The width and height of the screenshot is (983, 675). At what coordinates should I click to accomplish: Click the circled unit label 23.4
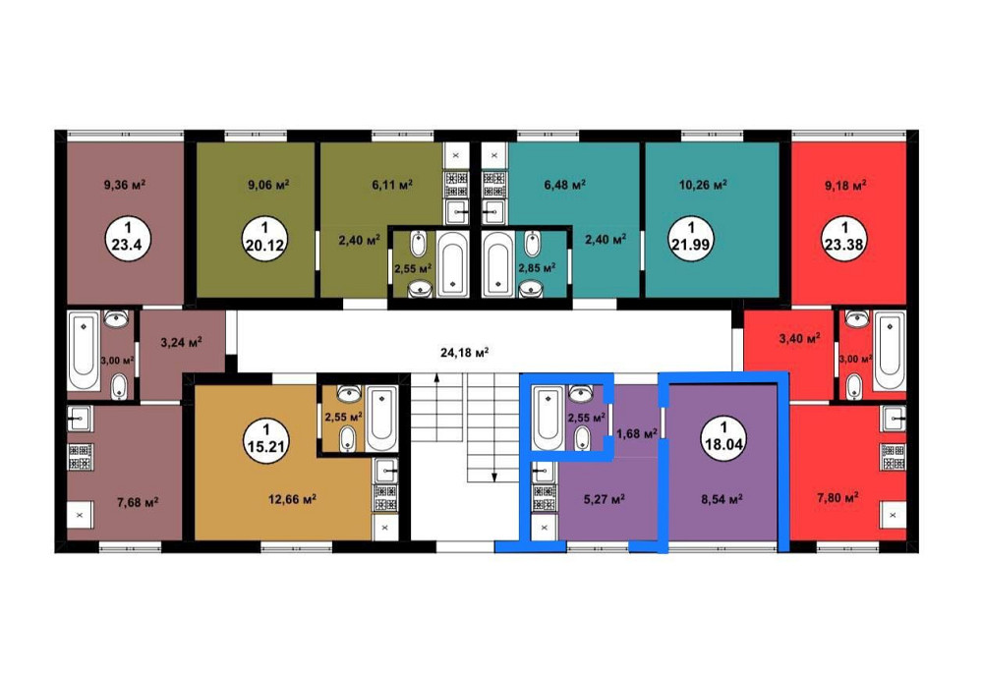point(128,238)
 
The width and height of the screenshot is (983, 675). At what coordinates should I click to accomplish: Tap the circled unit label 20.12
point(265,238)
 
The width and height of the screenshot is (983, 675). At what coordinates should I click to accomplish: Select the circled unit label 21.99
point(691,238)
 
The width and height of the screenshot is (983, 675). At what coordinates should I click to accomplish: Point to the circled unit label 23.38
point(843,238)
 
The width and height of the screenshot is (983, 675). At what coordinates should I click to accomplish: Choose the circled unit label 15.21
point(266,440)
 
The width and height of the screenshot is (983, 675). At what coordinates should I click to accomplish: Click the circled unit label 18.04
point(723,438)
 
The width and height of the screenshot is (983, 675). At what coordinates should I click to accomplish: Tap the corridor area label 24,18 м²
point(465,352)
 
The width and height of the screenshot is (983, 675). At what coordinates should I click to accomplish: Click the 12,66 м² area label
point(292,499)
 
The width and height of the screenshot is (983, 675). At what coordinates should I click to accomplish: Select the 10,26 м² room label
point(703,185)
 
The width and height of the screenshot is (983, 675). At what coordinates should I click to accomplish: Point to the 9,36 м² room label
point(125,185)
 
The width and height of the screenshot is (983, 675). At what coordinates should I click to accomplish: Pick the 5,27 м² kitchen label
point(605,499)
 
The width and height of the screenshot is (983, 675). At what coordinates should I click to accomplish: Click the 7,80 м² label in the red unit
point(838,498)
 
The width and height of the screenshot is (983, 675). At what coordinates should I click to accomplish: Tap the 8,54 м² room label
point(723,499)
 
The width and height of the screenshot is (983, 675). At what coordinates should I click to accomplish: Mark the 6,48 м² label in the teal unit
point(565,185)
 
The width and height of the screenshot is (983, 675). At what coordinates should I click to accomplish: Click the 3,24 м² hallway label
point(181,342)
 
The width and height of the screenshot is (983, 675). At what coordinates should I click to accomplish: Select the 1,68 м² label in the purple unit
point(636,433)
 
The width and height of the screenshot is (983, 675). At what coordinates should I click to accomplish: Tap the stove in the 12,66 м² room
point(385,497)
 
